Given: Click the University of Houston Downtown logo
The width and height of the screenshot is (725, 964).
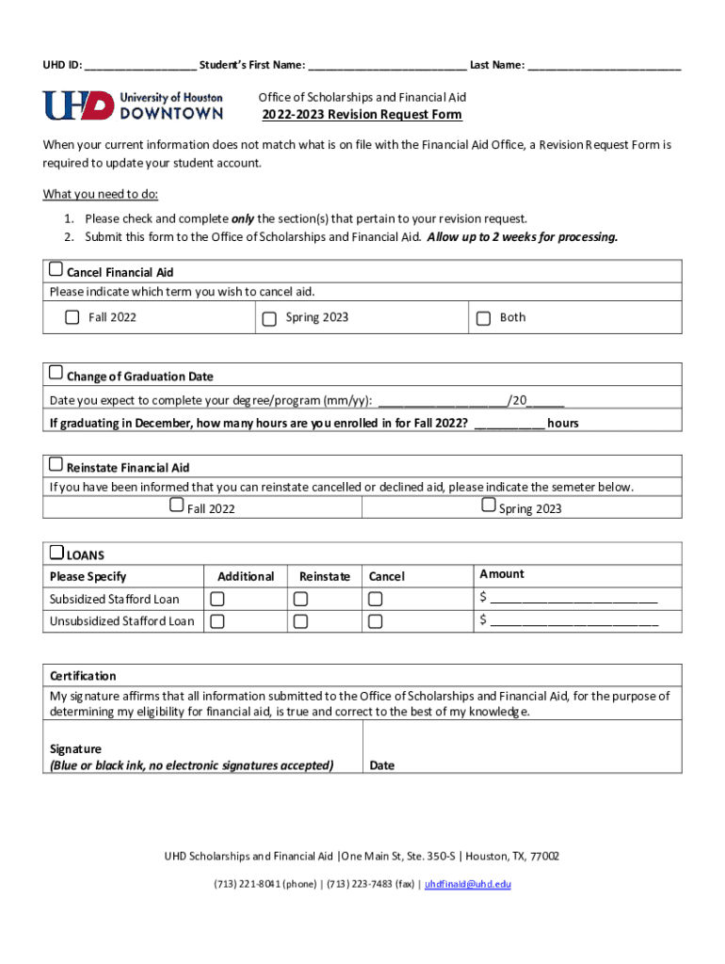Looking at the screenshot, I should (133, 105).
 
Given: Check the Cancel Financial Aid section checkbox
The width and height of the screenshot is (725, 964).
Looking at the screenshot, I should (56, 270).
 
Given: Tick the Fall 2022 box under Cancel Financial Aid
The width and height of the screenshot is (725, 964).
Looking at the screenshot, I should (72, 317).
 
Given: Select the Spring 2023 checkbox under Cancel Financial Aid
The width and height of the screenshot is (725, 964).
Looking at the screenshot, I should (269, 318).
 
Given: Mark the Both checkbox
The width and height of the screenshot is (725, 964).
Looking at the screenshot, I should (483, 318).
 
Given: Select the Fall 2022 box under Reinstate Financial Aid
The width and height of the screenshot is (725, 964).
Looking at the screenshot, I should (176, 506).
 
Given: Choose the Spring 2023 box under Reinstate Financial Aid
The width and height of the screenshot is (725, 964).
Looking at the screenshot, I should (488, 506).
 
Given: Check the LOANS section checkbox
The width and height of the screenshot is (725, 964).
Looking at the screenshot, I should (56, 553).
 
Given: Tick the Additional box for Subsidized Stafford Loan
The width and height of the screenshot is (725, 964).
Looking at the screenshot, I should (217, 599).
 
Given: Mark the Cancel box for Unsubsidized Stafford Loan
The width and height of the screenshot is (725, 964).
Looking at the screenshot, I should (375, 621).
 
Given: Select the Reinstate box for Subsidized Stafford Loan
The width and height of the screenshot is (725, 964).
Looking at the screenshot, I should (300, 599).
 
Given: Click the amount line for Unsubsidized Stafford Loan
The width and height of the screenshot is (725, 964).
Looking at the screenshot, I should (573, 622).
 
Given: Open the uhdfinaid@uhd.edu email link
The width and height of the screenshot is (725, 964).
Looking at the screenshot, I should (468, 885).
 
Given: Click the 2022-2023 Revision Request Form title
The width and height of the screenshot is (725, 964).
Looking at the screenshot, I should (362, 115).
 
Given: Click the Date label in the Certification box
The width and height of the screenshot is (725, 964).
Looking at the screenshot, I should (382, 765).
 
